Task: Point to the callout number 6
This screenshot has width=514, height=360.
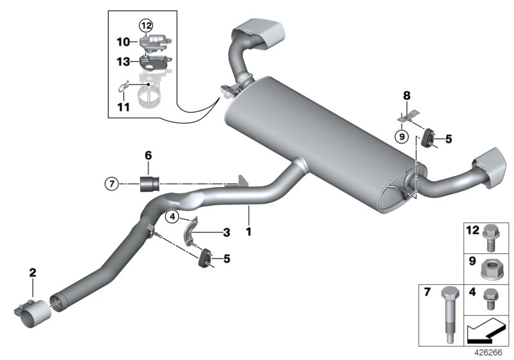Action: pos(148,156)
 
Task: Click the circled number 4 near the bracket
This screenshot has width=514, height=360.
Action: pos(172,217)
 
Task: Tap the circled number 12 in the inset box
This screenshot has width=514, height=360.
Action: pos(146,26)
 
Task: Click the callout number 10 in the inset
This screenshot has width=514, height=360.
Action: pos(121,42)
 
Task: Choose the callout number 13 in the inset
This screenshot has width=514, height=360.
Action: pos(122,61)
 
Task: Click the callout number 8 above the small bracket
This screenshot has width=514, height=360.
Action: pos(405,96)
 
